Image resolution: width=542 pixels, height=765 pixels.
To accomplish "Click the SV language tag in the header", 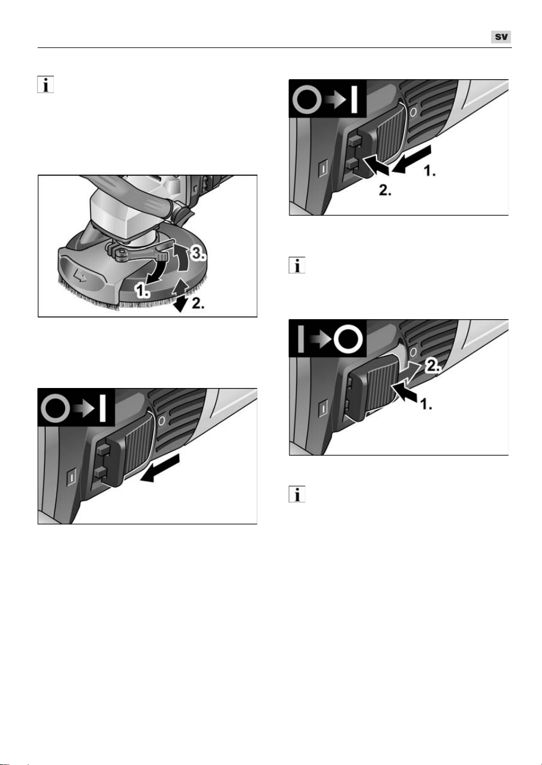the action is [501, 37].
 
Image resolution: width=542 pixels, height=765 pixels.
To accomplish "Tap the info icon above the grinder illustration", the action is [46, 84].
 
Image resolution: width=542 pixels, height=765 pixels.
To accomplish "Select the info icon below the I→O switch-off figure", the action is [297, 494].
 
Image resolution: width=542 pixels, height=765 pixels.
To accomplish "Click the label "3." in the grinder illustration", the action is [198, 253].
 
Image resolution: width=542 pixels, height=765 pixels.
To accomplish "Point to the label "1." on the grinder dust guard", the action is [142, 291].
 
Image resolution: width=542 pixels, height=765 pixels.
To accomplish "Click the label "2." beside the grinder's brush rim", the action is [198, 303].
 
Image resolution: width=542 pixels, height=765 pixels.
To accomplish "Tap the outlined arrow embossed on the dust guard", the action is [80, 275].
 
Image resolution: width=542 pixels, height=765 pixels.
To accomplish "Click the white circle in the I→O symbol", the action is [348, 339].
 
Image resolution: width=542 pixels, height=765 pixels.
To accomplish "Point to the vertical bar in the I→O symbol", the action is [301, 339].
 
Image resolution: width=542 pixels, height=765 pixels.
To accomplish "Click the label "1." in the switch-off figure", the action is [426, 404].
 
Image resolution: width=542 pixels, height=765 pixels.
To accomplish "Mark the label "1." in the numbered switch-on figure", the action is [430, 171].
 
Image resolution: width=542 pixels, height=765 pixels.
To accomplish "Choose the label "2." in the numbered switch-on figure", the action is [385, 190].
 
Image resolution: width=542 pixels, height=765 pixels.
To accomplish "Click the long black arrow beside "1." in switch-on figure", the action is [411, 159].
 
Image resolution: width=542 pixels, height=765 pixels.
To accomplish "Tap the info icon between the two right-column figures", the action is [297, 265].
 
